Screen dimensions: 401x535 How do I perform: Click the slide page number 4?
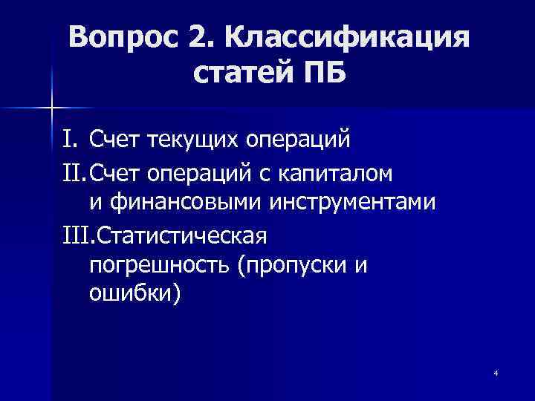(495, 372)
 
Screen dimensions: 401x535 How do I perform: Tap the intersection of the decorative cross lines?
(51, 108)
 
